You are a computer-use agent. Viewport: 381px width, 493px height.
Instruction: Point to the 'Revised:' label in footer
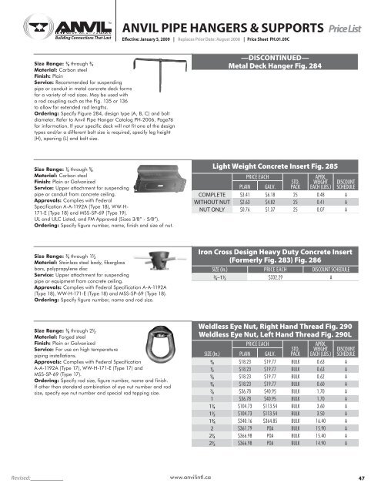coord(17,478)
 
